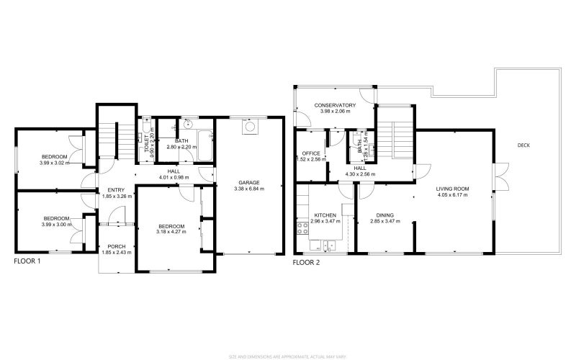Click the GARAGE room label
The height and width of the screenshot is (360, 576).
click(x=249, y=182)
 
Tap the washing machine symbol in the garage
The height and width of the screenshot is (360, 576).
click(x=250, y=127)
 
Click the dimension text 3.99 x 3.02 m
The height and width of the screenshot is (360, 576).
click(x=55, y=163)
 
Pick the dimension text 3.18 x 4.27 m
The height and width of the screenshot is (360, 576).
click(x=171, y=232)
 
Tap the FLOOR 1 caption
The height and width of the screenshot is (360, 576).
click(x=27, y=262)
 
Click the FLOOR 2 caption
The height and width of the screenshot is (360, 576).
click(x=306, y=263)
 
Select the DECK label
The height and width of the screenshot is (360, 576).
click(x=524, y=145)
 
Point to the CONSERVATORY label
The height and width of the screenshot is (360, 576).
click(x=335, y=106)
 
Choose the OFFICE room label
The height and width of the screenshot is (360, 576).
click(x=311, y=153)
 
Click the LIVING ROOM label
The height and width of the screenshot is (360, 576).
click(x=452, y=189)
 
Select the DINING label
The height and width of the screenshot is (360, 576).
click(x=385, y=215)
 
